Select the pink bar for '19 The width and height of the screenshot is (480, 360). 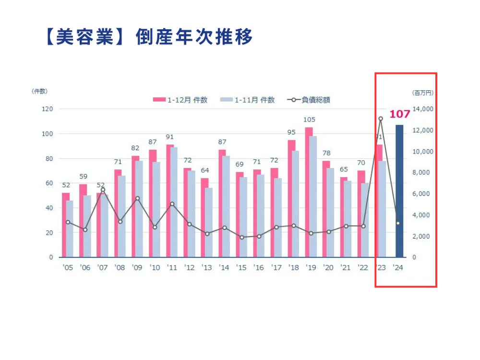[x=309, y=192]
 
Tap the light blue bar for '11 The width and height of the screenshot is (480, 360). [x=174, y=202]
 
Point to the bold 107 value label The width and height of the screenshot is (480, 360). [x=399, y=114]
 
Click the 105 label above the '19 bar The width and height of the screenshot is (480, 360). [x=309, y=120]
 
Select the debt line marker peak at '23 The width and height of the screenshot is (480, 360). [x=381, y=119]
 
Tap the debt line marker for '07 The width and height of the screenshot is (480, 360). [x=103, y=190]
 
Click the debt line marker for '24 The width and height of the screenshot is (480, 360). [x=398, y=223]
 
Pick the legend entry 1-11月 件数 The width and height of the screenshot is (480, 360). [x=248, y=100]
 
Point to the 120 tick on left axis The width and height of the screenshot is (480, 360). [x=47, y=109]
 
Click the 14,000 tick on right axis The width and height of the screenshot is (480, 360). [x=423, y=109]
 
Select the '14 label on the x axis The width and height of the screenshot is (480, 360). [x=224, y=268]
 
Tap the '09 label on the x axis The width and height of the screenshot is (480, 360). [x=137, y=268]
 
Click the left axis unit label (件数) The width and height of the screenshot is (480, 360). [x=40, y=91]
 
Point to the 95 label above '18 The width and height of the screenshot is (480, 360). [x=291, y=132]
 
